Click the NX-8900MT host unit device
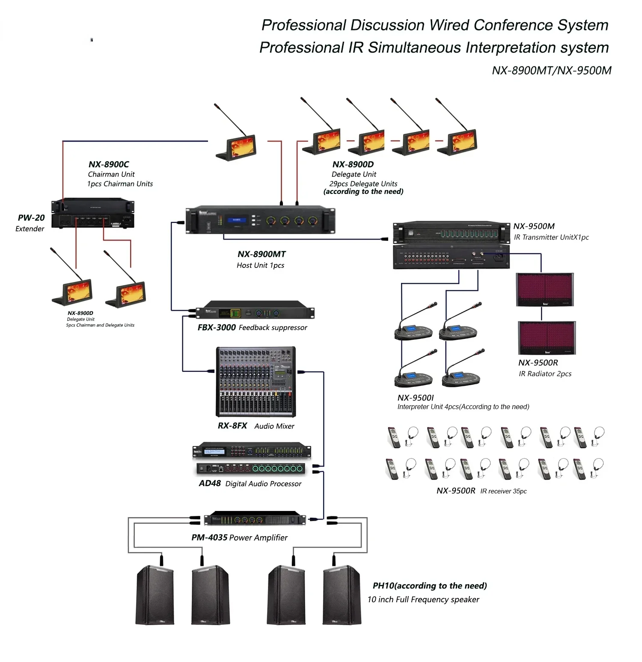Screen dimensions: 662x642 click(260, 220)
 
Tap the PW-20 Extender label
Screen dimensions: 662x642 click(31, 223)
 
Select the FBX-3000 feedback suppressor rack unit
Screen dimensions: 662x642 click(255, 313)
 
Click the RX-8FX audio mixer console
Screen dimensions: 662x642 click(256, 381)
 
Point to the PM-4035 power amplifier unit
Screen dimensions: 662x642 click(255, 519)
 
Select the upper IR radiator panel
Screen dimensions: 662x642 click(544, 290)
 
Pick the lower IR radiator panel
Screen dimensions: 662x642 click(547, 338)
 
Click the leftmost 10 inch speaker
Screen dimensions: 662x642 click(155, 595)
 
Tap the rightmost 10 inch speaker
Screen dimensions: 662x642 click(342, 595)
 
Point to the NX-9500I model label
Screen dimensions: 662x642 click(415, 398)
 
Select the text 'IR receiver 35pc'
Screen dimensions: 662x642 click(503, 491)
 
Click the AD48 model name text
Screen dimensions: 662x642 click(210, 483)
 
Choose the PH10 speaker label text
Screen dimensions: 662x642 click(429, 585)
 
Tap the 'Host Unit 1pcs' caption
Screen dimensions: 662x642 click(260, 265)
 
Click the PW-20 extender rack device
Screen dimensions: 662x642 click(93, 213)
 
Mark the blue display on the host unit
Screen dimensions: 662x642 click(237, 220)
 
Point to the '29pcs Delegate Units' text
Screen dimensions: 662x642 click(363, 184)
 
